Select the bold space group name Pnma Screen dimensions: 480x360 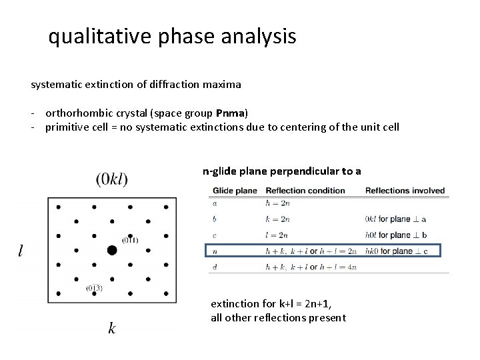point(231,111)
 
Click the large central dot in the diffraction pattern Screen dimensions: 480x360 point(112,250)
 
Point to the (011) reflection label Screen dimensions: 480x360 point(129,240)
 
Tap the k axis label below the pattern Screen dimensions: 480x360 point(111,328)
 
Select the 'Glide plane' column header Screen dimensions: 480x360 point(235,191)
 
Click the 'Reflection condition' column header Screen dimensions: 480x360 point(305,191)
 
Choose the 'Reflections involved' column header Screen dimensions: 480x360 point(405,191)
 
